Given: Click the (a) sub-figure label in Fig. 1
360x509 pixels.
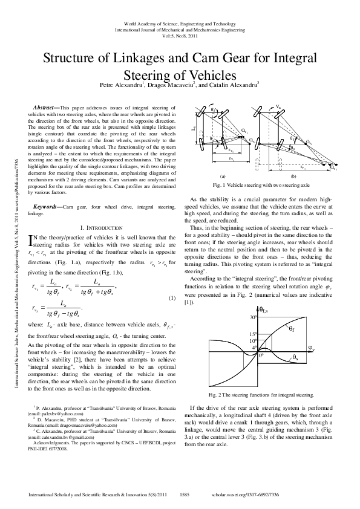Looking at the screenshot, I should coord(223,175).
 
